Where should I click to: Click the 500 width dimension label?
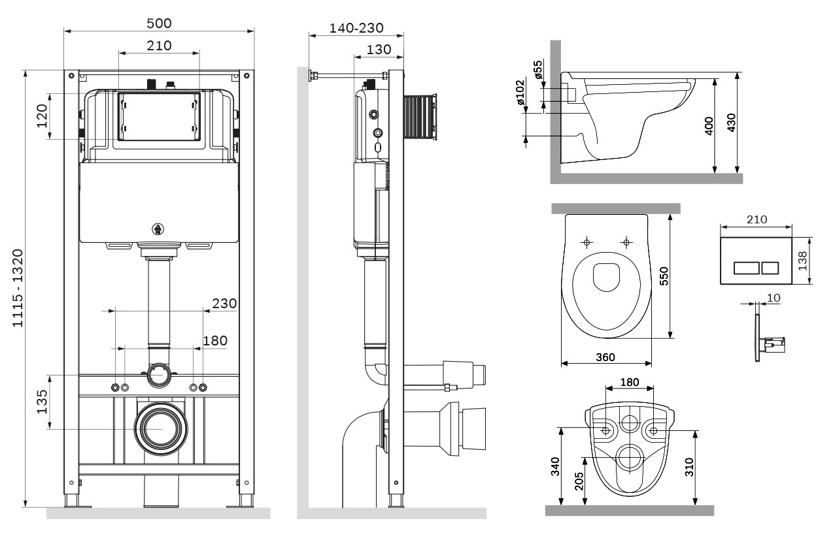(x=159, y=24)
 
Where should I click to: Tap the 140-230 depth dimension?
(x=356, y=28)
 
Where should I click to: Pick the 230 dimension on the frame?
(x=224, y=304)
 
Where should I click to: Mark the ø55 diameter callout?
(x=537, y=69)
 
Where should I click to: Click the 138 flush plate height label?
(x=803, y=261)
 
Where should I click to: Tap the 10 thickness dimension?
(x=773, y=298)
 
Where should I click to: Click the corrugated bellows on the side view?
(x=418, y=118)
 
